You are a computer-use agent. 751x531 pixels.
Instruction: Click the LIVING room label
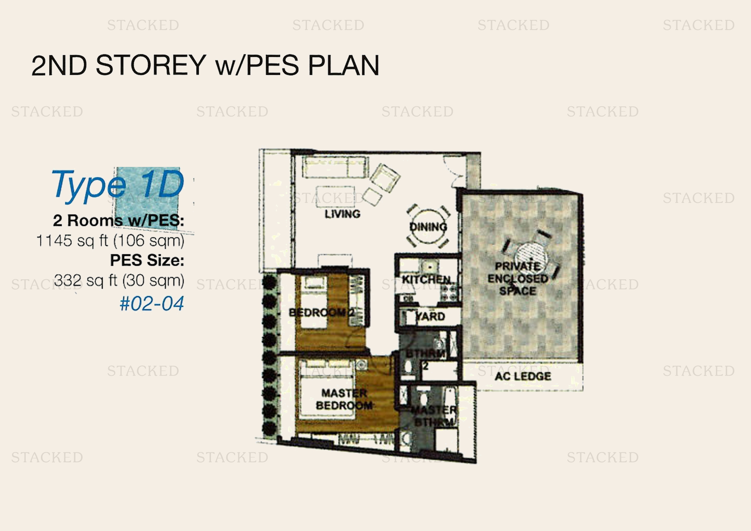pos(342,214)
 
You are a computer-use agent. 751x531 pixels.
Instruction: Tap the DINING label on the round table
pos(428,227)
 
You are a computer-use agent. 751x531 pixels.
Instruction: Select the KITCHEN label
pos(426,280)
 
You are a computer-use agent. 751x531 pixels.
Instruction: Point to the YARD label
pos(430,316)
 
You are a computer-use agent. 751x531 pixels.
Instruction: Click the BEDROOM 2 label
pos(321,313)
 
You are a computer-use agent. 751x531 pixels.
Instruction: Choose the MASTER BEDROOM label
pos(344,399)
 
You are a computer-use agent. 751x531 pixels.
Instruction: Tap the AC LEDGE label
pos(522,376)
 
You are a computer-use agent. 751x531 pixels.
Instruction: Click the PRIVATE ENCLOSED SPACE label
pos(518,279)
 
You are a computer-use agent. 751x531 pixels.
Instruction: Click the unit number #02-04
pos(152,303)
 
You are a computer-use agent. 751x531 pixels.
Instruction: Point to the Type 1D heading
pos(118,185)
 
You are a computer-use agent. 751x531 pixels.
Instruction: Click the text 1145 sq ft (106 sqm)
pos(110,241)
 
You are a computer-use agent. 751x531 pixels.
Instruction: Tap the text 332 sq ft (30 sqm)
pos(119,280)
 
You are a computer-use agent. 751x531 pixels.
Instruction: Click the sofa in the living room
pos(335,167)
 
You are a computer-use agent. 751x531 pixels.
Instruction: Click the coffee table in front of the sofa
pos(335,196)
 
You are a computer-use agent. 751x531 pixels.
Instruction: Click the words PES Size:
pos(147,260)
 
